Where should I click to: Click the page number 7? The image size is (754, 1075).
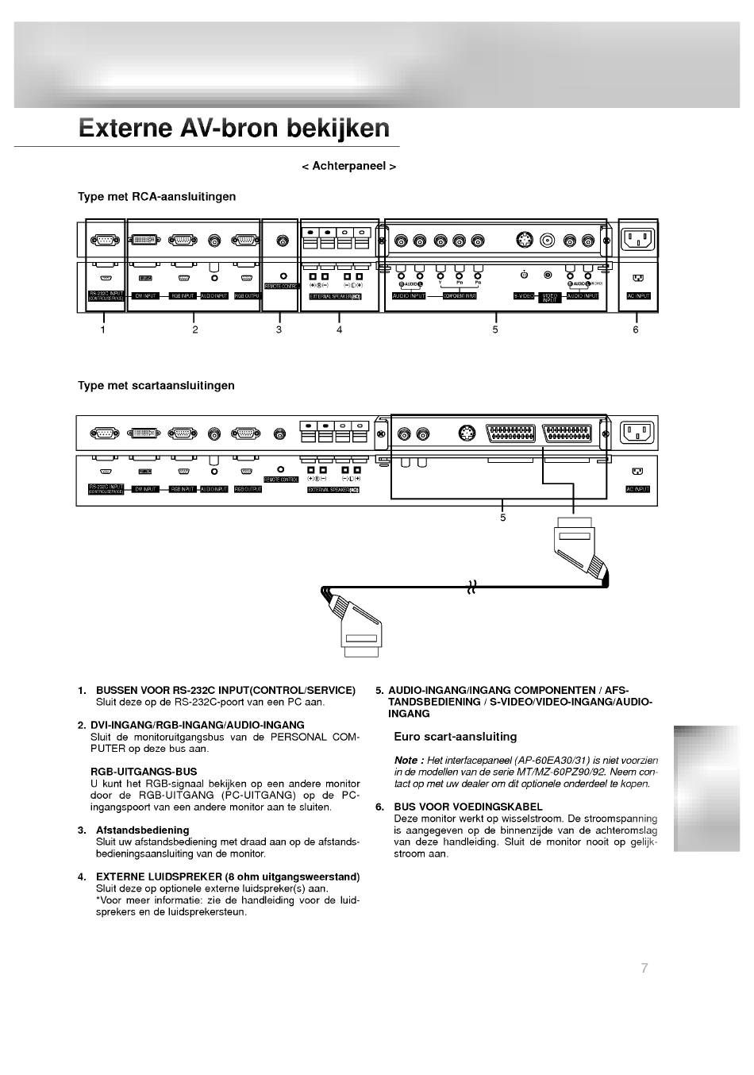(644, 967)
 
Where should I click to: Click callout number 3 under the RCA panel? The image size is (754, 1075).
(279, 329)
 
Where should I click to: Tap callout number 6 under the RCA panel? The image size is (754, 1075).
(635, 329)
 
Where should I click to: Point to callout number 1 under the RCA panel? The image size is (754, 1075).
(102, 329)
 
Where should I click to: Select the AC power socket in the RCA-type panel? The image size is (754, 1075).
(638, 238)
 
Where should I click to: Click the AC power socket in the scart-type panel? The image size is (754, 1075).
(637, 433)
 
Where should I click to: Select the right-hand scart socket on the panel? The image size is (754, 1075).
(567, 433)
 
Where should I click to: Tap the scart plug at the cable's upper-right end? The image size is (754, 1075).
(580, 549)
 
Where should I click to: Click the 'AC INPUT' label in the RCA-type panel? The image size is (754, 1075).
(638, 295)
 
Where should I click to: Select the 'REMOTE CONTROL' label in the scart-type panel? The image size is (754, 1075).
(280, 480)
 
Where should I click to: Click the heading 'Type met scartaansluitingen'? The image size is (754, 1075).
(156, 386)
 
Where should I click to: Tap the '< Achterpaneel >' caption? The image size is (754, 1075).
(348, 166)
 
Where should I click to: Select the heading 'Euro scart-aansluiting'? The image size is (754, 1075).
(455, 737)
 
